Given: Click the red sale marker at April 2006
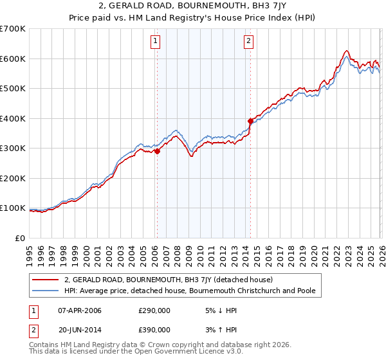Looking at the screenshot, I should (x=156, y=152).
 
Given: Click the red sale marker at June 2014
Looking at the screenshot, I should (x=250, y=120).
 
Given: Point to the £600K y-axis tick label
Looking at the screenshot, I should (x=12, y=59).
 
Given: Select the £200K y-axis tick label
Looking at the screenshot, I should (x=12, y=178).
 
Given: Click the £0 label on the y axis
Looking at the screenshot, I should (x=21, y=238).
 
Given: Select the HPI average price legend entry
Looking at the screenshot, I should (x=190, y=291).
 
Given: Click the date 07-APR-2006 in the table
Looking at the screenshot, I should (x=80, y=310).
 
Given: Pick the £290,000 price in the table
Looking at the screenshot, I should (x=154, y=310).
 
